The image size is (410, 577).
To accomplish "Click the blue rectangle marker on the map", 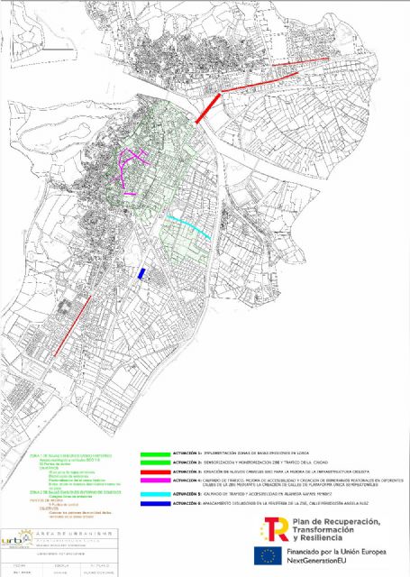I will click(141, 273).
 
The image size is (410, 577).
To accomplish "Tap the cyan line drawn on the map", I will click(190, 227).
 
